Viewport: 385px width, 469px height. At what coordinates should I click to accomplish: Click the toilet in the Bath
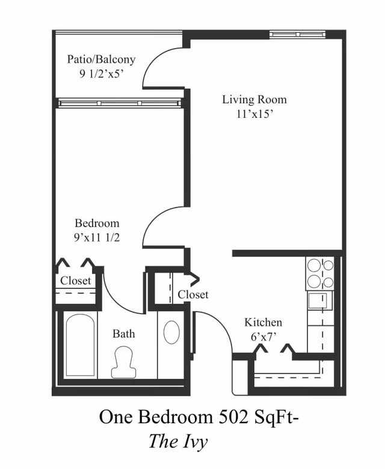point(123,363)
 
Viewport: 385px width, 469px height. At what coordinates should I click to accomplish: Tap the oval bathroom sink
point(171,333)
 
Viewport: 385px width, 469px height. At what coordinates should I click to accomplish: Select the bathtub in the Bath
point(81,345)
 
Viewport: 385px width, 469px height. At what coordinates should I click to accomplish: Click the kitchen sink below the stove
point(320,301)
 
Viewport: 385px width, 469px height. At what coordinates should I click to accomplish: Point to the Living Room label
point(254,99)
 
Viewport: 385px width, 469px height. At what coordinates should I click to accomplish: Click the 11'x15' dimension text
point(255,114)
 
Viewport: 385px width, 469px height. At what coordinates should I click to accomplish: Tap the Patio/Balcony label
point(101,59)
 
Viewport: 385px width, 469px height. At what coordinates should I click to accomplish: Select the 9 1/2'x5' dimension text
point(102,73)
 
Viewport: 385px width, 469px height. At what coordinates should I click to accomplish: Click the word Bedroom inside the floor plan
point(97,223)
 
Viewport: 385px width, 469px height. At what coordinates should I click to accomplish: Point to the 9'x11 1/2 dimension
point(97,238)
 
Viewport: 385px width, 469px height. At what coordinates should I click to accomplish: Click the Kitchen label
point(263,322)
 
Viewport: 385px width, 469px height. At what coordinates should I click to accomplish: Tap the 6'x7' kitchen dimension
point(263,337)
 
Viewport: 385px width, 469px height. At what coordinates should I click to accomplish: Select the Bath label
point(124,334)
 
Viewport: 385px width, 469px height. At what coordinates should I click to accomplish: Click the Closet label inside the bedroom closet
point(76,281)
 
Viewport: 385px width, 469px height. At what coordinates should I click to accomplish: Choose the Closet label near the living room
point(193,295)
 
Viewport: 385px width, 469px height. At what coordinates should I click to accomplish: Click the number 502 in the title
point(233,417)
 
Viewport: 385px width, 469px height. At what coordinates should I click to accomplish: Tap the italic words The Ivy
point(178,441)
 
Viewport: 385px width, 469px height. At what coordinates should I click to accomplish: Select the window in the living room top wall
point(298,34)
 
